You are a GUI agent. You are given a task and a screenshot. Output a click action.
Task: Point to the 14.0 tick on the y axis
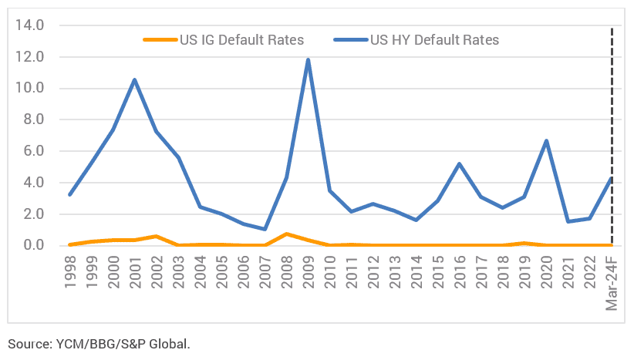click(29, 25)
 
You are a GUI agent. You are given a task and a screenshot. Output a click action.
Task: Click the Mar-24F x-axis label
click(612, 281)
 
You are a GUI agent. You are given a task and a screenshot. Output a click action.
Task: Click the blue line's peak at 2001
click(135, 79)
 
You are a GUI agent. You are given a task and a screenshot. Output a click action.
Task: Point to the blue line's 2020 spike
click(546, 141)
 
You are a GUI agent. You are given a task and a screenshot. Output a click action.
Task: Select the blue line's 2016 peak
click(460, 163)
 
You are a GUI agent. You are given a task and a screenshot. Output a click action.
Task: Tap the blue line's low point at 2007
click(265, 229)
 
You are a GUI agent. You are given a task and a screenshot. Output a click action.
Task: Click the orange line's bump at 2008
click(286, 234)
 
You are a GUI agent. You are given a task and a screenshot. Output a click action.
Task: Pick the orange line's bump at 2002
click(157, 236)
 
